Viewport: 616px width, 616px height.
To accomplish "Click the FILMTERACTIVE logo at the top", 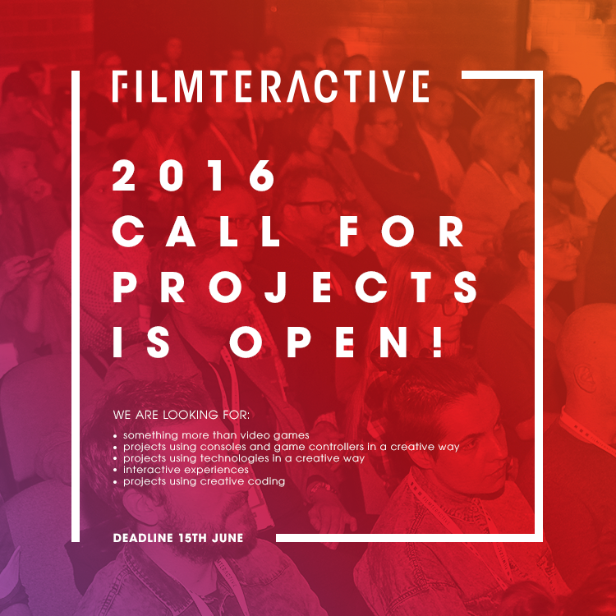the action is tap(270, 86).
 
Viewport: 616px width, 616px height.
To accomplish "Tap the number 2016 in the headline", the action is tap(194, 176).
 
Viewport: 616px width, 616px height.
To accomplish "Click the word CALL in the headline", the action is tap(195, 232).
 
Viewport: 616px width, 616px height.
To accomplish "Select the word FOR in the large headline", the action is tap(401, 232).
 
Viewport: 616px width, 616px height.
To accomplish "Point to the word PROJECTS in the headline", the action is tap(295, 287).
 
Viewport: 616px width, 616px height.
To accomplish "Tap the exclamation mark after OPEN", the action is tap(436, 342).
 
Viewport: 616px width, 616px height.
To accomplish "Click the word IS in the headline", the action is tap(142, 342).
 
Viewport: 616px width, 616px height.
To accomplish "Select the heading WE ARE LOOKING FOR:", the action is tap(182, 415).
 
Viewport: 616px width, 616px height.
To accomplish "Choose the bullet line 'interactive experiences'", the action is tap(186, 470).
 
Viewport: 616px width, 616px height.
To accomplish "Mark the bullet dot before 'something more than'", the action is tap(115, 436).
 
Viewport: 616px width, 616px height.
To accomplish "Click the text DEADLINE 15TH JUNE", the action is tap(178, 538).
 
